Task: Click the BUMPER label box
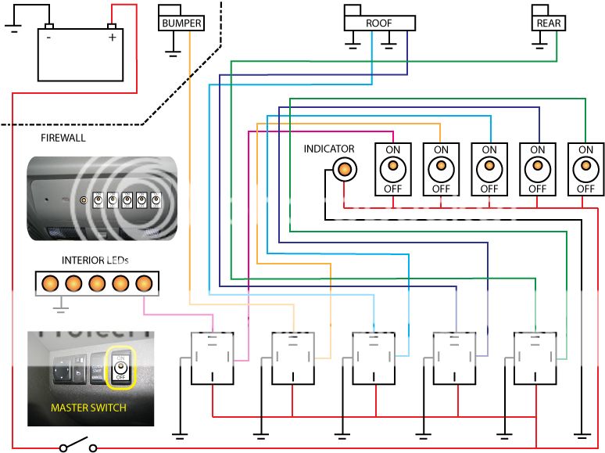(x=181, y=23)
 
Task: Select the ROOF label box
(x=378, y=23)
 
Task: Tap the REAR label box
(x=548, y=23)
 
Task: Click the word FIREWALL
(x=63, y=138)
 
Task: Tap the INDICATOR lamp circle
(x=344, y=168)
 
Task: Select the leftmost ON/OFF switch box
(x=392, y=169)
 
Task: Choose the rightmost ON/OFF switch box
(x=585, y=169)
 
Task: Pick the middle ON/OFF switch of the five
(x=489, y=169)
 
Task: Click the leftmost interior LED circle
(x=51, y=282)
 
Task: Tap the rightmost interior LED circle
(x=145, y=282)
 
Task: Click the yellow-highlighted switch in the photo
(x=120, y=367)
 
